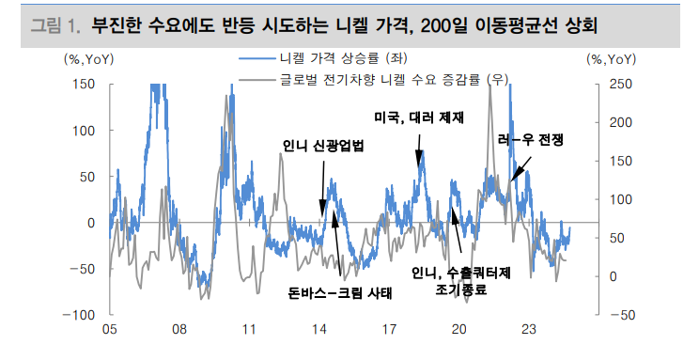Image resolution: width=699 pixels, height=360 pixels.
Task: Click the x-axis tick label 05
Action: (109, 330)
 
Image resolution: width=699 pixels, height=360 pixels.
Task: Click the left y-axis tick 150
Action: (83, 84)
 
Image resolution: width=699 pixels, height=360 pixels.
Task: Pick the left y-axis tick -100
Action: (79, 315)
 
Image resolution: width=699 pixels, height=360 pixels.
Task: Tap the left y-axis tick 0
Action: (90, 223)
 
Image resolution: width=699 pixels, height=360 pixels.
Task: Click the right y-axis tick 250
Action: (621, 84)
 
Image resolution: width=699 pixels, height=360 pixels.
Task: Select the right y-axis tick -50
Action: (621, 315)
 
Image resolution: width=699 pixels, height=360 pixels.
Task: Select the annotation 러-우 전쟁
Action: (532, 139)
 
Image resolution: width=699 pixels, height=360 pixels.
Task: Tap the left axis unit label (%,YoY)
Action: (88, 60)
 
